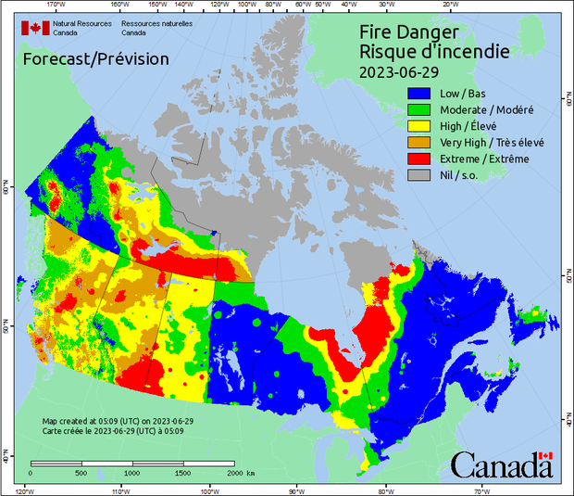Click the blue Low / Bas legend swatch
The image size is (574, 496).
(420, 94)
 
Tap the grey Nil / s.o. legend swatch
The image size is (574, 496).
(420, 175)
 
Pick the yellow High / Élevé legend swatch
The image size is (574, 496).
(420, 126)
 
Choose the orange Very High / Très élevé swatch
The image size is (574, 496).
(420, 143)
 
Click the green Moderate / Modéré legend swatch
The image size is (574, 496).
(420, 110)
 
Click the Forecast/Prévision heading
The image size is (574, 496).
(95, 59)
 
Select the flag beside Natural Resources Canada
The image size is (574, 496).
(35, 28)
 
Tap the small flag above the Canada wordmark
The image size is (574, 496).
(545, 457)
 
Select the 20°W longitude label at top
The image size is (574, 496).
(448, 5)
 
